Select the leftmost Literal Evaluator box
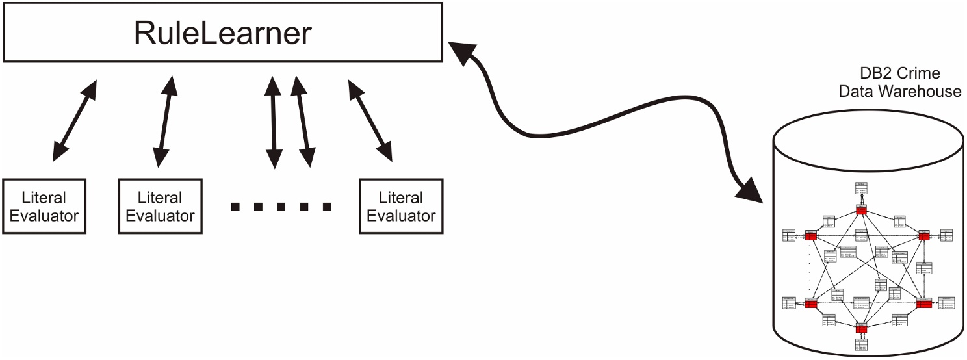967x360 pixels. pyautogui.click(x=44, y=207)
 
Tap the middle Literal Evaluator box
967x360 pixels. pyautogui.click(x=160, y=207)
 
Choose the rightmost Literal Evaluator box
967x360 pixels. pyautogui.click(x=401, y=207)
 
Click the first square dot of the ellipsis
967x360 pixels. pyautogui.click(x=235, y=207)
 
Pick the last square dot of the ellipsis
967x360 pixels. pyautogui.click(x=328, y=207)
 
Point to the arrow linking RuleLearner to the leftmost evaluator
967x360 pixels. pyautogui.click(x=74, y=120)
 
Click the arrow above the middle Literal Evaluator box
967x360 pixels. pyautogui.click(x=166, y=120)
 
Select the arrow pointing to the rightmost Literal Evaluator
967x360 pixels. pyautogui.click(x=370, y=120)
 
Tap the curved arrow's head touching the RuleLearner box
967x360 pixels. pyautogui.click(x=459, y=52)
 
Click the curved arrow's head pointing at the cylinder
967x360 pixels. pyautogui.click(x=754, y=191)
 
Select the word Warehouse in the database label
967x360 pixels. pyautogui.click(x=920, y=91)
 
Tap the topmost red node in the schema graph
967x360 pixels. pyautogui.click(x=862, y=211)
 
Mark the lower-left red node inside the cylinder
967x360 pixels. pyautogui.click(x=810, y=303)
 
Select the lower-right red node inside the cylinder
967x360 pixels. pyautogui.click(x=923, y=303)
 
